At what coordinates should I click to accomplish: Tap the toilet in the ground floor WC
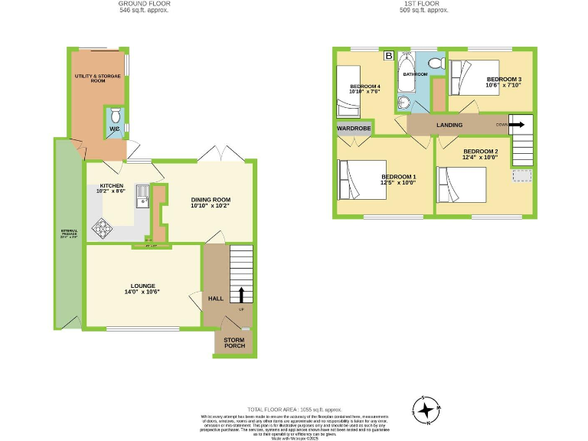coord(115,116)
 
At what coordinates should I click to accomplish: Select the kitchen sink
coord(142,197)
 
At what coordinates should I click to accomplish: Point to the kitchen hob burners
coord(101,227)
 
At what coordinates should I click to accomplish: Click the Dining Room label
coord(211,203)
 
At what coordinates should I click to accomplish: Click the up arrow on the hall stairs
coord(242,295)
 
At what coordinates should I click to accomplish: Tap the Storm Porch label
coord(234,343)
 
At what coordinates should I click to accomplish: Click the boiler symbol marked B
coord(388,56)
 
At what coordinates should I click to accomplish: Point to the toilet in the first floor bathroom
coord(437,63)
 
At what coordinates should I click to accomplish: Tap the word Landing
coord(449,125)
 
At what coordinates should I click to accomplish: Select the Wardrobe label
coord(353,129)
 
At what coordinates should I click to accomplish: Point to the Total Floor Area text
coord(294,410)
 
